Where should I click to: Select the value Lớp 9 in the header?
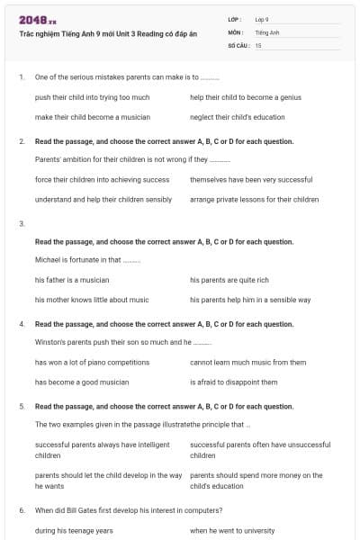tap(262, 19)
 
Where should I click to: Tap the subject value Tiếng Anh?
tap(267, 31)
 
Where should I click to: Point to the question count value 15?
tap(258, 44)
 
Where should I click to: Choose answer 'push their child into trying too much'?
tap(92, 96)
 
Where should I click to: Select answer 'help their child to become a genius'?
tap(245, 96)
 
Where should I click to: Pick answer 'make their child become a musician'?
tap(92, 117)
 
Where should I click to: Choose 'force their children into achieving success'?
tap(102, 179)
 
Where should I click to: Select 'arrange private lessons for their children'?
tap(254, 200)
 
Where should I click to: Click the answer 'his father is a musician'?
tap(72, 280)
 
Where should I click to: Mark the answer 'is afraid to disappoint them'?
tap(233, 382)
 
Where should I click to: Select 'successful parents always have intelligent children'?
tap(102, 450)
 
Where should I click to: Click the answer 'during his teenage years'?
tap(74, 531)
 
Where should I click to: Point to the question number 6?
tap(22, 510)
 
